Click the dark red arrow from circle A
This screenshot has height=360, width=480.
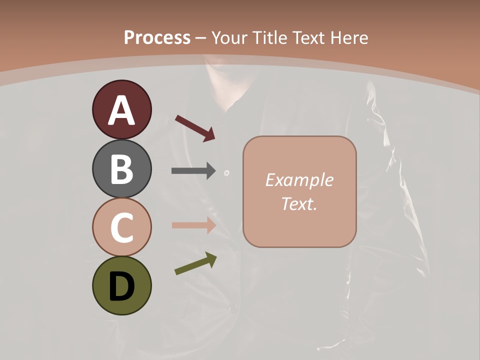pos(195,128)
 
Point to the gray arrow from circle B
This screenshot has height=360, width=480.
pos(193,171)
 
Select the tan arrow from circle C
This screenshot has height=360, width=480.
pos(193,225)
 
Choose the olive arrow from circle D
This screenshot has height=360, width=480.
pos(195,264)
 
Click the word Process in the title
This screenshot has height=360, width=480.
pos(157,37)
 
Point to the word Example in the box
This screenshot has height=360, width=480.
pos(299,180)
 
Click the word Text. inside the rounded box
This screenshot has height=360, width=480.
pos(299,204)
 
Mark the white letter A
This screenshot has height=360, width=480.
pos(121,110)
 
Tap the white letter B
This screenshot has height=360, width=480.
pos(121,168)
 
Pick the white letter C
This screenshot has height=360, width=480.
pos(121,227)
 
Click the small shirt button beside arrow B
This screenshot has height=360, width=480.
pos(226,173)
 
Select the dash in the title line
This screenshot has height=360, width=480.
pos(201,38)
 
